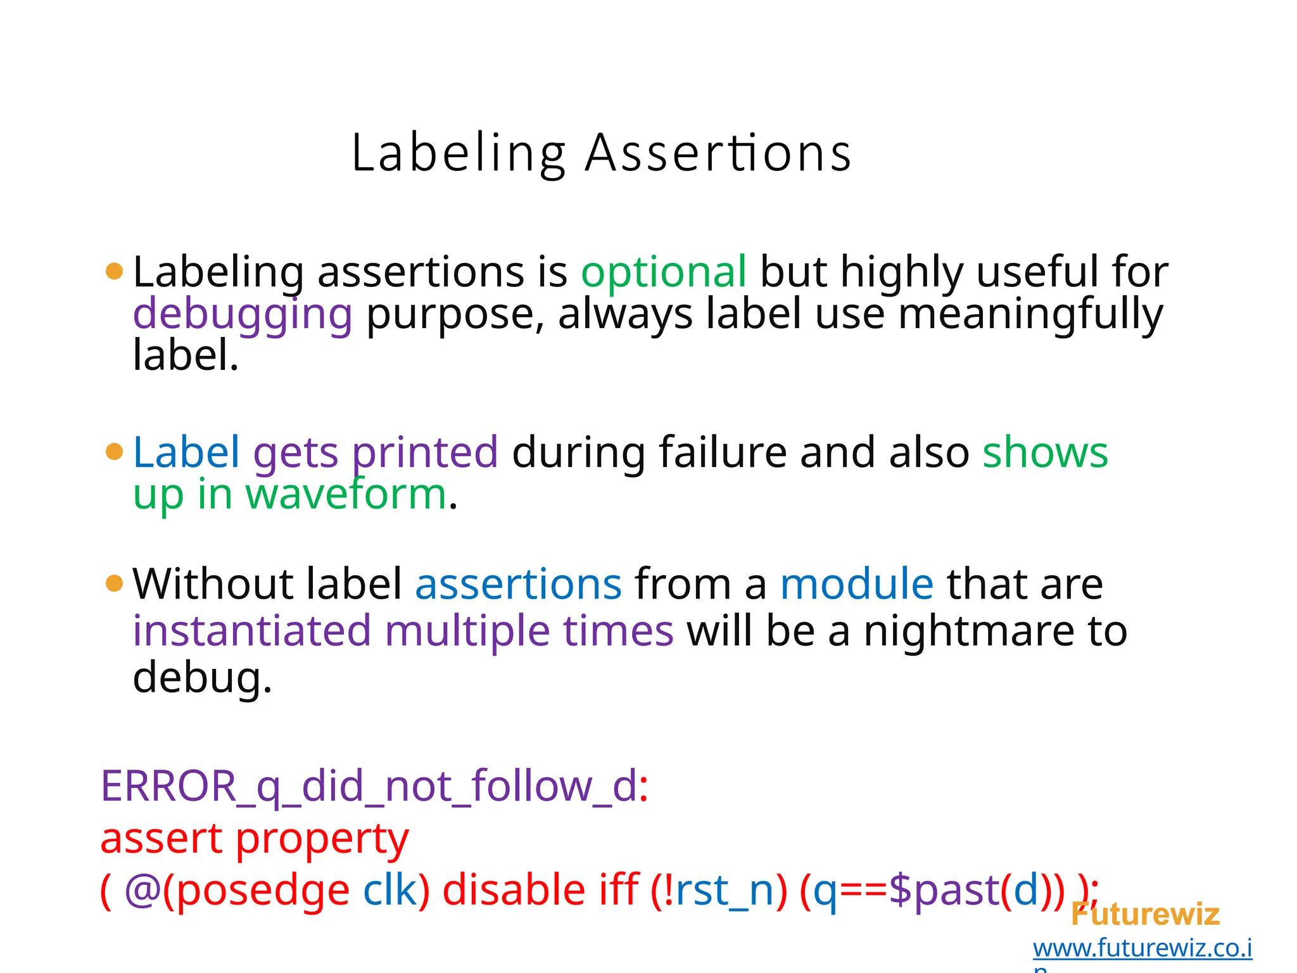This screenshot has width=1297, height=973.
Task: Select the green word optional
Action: (664, 272)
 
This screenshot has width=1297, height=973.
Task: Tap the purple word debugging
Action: (243, 314)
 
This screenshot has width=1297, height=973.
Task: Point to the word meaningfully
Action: (1030, 314)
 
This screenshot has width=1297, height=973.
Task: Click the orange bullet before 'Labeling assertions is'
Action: (114, 271)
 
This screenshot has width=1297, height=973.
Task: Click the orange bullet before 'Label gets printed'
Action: (114, 452)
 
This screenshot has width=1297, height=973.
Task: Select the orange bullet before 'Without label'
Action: (114, 583)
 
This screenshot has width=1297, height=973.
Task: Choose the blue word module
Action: (856, 583)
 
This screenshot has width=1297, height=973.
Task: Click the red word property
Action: (322, 839)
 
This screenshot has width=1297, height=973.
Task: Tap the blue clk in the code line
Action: (389, 889)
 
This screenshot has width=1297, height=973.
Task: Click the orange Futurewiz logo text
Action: (1145, 915)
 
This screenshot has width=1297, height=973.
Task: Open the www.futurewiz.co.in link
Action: (1142, 948)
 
